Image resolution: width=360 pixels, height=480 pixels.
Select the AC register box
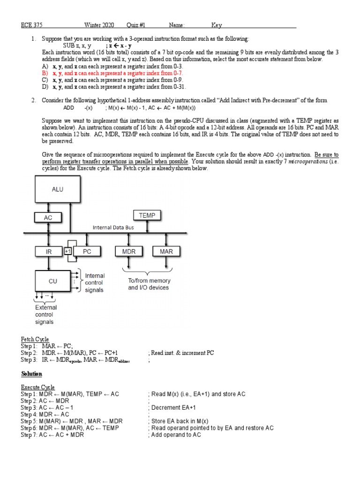point(48,217)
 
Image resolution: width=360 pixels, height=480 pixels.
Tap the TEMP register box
point(147,215)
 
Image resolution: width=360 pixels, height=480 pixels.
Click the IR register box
point(48,252)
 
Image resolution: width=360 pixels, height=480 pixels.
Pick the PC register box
point(87,252)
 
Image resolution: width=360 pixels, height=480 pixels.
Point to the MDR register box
point(129,252)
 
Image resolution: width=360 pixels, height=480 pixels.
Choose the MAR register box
point(166,252)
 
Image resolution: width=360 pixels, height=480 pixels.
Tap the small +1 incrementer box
point(67,252)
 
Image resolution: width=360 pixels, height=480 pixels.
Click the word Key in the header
point(217,25)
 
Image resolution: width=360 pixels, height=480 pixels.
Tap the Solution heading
point(31,374)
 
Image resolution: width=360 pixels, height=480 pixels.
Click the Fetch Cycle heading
point(35,339)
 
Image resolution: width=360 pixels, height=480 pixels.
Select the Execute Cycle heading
point(37,387)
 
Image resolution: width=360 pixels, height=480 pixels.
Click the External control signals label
point(46,315)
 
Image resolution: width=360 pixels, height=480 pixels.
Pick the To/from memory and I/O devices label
point(149,284)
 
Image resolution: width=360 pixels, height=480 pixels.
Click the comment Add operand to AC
point(176,435)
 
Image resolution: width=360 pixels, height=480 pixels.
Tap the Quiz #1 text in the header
point(136,25)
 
